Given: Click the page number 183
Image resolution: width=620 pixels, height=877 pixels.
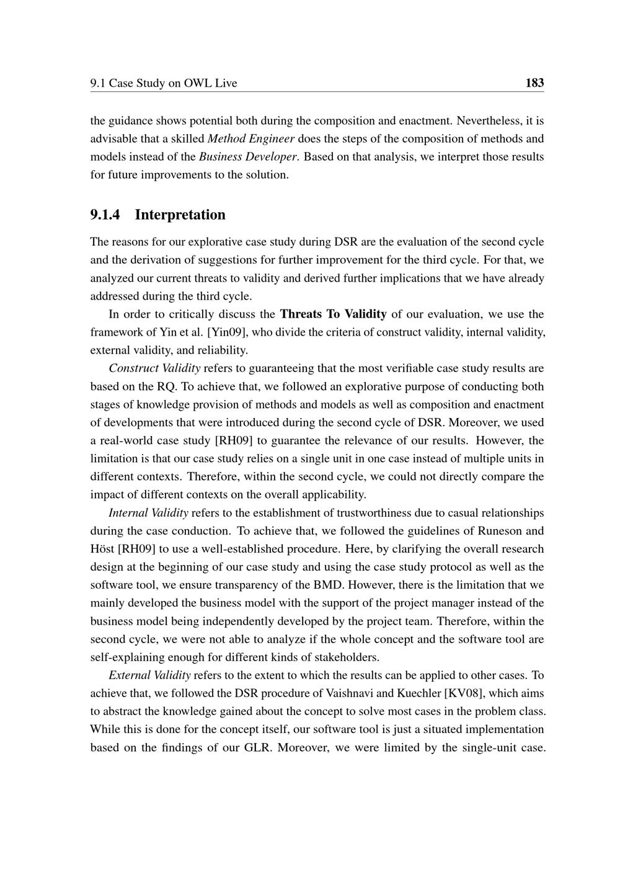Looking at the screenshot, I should coord(534,82).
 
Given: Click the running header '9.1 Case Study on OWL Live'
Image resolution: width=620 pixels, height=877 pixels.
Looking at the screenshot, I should coord(164,83).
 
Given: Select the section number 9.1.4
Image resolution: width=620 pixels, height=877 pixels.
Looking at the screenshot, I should coord(105,215).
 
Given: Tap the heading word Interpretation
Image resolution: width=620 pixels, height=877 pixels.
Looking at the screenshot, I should coord(180,215).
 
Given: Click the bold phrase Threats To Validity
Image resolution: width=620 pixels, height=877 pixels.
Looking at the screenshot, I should coord(333,314).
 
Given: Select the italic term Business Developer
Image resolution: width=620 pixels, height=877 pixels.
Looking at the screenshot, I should coord(249,156).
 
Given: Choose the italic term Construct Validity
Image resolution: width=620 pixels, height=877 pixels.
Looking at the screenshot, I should coord(154,368).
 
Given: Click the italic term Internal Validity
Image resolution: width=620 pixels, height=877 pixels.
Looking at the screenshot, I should coord(148,513).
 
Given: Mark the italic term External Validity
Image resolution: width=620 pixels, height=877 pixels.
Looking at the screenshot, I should coord(149,675).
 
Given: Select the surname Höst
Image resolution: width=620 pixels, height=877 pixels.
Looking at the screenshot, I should coord(102,549).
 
